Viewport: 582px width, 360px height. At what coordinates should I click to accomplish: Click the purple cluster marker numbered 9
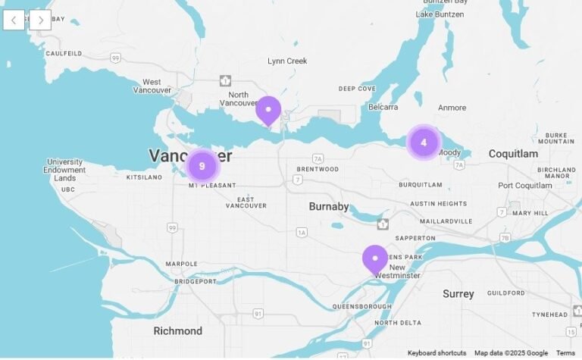[202, 165]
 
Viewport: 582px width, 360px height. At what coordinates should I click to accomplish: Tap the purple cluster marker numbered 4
[424, 142]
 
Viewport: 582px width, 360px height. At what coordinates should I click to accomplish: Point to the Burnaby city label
[329, 206]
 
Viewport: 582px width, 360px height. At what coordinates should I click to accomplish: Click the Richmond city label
[178, 330]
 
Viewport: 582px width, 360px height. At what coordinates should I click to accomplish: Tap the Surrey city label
[458, 293]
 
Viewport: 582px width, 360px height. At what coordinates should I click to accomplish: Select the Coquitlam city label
[513, 154]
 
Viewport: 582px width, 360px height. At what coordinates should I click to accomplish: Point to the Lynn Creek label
[287, 61]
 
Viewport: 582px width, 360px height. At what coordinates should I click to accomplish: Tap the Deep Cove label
[357, 89]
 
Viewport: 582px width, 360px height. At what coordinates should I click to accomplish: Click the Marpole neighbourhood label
[183, 264]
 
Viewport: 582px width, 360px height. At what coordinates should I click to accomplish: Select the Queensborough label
[361, 306]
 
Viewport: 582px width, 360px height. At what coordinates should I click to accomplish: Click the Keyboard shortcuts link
[436, 353]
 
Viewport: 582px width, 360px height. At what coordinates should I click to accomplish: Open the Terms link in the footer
[565, 353]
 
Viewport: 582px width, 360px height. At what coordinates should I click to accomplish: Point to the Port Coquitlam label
[525, 186]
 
